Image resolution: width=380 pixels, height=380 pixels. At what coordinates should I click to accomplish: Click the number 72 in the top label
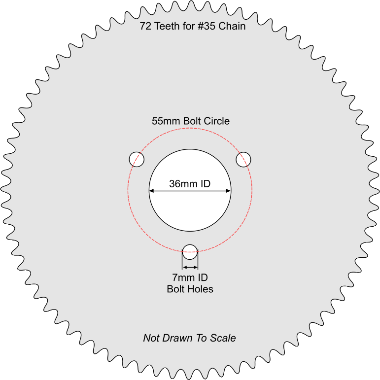[145, 26]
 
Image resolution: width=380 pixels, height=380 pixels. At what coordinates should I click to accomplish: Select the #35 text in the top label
[206, 26]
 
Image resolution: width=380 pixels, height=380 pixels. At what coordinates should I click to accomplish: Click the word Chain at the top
[232, 26]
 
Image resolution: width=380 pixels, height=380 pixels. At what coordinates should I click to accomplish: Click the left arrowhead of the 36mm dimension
[151, 191]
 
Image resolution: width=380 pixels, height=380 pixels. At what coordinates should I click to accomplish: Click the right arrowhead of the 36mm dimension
[228, 191]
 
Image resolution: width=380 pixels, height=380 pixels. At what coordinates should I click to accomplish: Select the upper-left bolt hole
[137, 160]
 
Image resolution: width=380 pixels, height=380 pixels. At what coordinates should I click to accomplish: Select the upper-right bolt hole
[243, 160]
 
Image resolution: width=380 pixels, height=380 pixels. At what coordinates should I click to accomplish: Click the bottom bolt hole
[190, 252]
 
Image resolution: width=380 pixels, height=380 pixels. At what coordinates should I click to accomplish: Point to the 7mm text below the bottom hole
[183, 277]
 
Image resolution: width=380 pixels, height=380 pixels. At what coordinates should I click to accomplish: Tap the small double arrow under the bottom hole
[190, 267]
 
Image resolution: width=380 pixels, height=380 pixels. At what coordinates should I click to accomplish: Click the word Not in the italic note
[150, 338]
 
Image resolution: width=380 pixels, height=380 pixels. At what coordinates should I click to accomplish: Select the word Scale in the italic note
[223, 338]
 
